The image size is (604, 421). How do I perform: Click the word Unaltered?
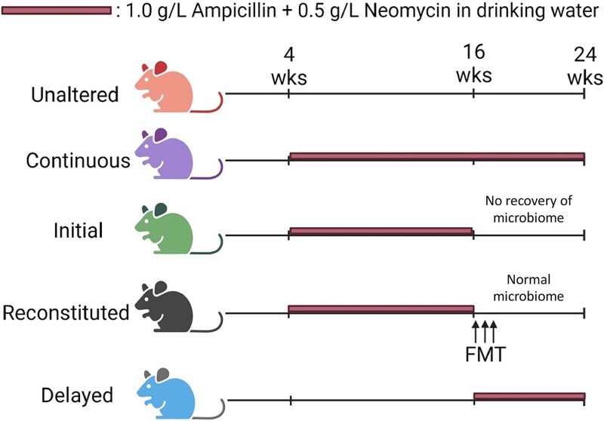(x=75, y=95)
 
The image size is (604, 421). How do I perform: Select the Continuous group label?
(x=77, y=161)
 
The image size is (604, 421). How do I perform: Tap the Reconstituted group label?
(x=66, y=312)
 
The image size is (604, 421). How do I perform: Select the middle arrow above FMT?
(x=484, y=330)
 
